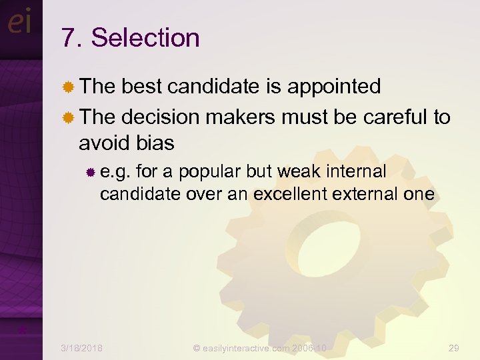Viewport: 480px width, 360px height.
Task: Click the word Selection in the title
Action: tap(145, 37)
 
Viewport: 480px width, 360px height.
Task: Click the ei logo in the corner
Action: tap(19, 23)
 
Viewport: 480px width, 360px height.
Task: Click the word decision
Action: tap(161, 117)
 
